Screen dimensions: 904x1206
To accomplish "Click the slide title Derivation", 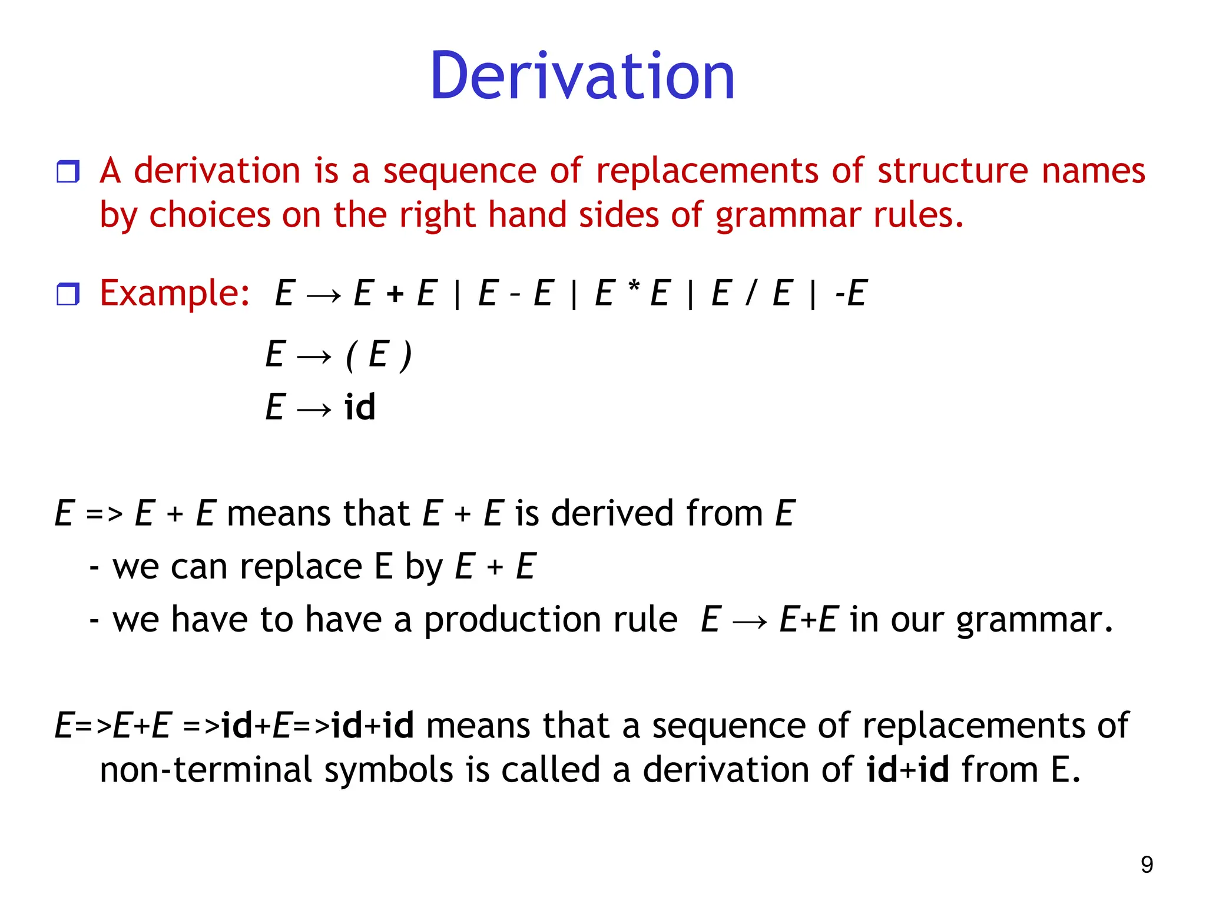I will tap(582, 77).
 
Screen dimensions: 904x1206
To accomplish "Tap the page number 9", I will tap(1147, 865).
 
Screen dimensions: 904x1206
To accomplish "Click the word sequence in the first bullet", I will tap(459, 171).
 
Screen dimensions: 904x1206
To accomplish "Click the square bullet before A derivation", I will tap(68, 172).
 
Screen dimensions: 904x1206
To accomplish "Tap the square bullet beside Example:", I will tap(68, 294).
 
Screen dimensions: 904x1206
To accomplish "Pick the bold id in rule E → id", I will tap(360, 407).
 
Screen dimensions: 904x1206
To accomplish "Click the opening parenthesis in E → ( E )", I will tap(351, 355).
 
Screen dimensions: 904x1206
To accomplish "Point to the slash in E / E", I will tap(750, 293).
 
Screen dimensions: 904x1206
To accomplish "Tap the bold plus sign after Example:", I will tap(395, 293).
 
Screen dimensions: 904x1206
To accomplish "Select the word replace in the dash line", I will tap(301, 567).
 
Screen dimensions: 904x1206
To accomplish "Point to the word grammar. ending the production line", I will tap(1034, 621).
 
